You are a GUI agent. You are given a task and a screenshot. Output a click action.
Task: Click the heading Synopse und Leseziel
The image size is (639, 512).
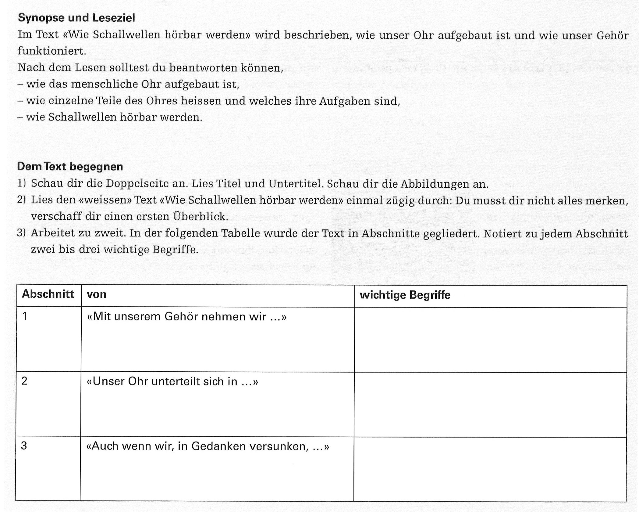76,18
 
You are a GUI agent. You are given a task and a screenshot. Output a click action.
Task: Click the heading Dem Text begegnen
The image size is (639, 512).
70,167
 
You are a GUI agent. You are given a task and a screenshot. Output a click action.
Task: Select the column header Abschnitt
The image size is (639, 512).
48,294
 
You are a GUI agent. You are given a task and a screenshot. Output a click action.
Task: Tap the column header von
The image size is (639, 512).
97,294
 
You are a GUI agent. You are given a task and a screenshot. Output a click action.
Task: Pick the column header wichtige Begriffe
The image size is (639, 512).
405,295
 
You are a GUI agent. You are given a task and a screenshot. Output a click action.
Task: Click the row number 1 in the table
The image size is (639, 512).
25,316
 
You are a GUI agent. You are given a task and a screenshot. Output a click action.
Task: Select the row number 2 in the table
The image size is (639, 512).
24,381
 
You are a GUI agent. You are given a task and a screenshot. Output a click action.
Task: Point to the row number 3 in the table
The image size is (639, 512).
24,446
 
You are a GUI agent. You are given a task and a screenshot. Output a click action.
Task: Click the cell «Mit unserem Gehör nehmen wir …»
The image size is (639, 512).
186,317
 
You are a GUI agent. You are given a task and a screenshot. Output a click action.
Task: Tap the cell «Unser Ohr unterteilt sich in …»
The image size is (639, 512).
172,381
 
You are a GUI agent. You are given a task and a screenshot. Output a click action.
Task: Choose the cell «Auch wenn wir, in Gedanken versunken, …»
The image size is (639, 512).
208,446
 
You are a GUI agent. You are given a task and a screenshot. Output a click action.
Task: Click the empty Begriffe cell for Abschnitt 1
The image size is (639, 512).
490,340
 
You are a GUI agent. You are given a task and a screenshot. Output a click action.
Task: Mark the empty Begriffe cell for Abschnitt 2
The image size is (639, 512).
490,405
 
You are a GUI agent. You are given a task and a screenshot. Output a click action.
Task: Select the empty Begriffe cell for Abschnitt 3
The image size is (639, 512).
490,469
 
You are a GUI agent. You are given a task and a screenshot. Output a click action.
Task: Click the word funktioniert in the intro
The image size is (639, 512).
52,51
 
